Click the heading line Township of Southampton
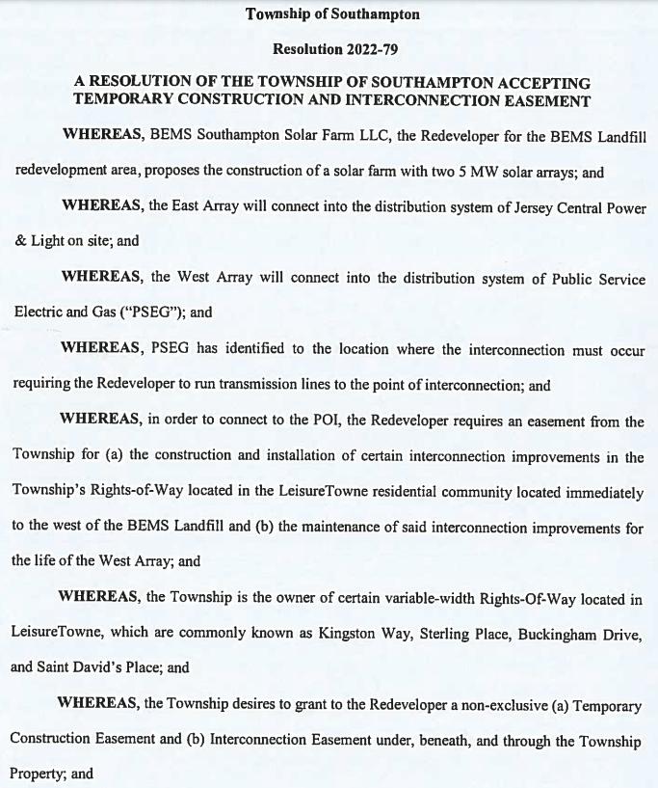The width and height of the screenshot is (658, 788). click(332, 14)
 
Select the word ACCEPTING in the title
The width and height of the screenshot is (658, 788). click(546, 83)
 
